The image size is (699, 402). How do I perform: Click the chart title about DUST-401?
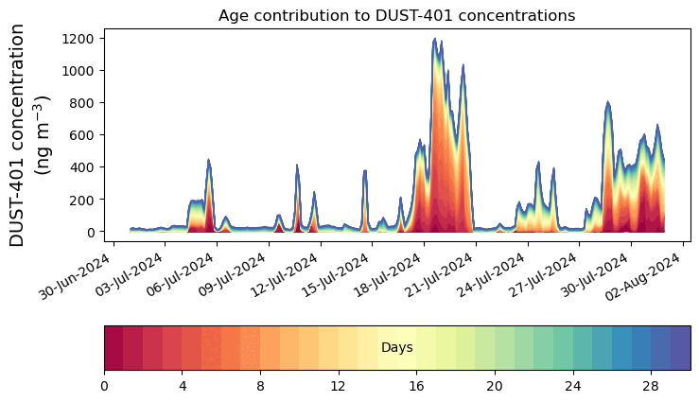click(396, 16)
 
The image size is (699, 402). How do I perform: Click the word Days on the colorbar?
click(396, 348)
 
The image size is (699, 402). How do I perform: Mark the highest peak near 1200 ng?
click(434, 40)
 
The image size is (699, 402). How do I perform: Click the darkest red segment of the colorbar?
click(114, 347)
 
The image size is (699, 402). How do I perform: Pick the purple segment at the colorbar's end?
click(680, 347)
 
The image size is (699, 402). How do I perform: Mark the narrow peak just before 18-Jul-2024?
click(365, 172)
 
